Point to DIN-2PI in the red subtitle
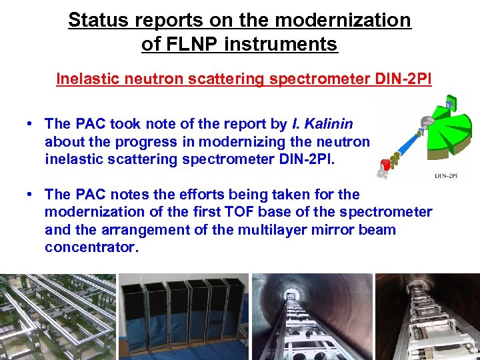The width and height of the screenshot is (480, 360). (398, 79)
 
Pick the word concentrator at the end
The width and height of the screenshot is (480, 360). (91, 247)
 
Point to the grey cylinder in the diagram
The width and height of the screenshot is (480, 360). (426, 123)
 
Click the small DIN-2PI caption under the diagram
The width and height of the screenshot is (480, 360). (449, 176)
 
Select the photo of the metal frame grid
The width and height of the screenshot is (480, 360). (59, 317)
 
